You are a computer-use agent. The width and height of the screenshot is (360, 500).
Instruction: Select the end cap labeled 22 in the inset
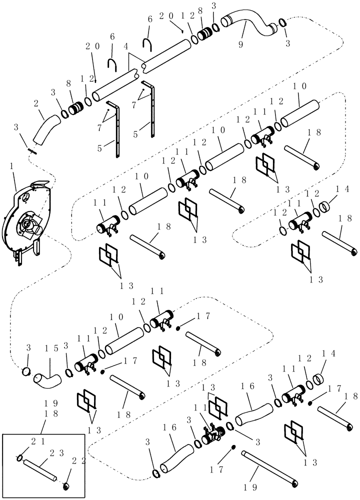[67, 486]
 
